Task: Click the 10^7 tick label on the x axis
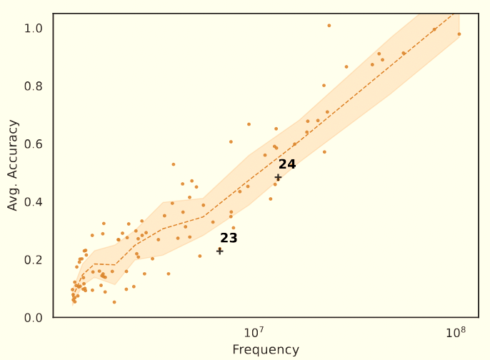coord(254,333)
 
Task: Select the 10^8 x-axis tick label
coord(456,333)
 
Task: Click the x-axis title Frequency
coord(266,350)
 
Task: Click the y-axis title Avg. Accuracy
coord(13,165)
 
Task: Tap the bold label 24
coord(287,164)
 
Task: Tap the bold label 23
coord(229,238)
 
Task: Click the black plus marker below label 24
coord(278,177)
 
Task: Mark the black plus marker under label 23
coord(220,251)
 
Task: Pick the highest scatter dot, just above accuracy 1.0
coord(329,26)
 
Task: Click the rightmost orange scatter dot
coord(459,34)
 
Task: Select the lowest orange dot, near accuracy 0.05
coord(114,302)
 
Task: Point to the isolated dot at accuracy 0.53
coord(173,164)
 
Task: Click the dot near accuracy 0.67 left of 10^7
coord(249,124)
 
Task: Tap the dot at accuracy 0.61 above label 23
coord(231,141)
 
